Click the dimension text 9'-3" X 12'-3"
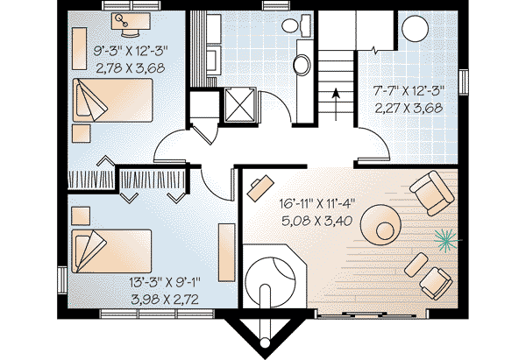(130, 52)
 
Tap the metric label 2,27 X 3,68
(409, 109)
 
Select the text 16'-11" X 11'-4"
(316, 203)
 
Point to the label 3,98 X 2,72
(165, 299)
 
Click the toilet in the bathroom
(295, 25)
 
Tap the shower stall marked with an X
(238, 104)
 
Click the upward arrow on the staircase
(336, 104)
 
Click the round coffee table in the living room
(380, 225)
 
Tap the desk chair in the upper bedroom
(130, 32)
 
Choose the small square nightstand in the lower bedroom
(81, 215)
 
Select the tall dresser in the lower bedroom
(226, 252)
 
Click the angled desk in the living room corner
(260, 188)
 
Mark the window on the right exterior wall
(464, 81)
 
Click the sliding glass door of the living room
(366, 314)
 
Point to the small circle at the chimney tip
(265, 342)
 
